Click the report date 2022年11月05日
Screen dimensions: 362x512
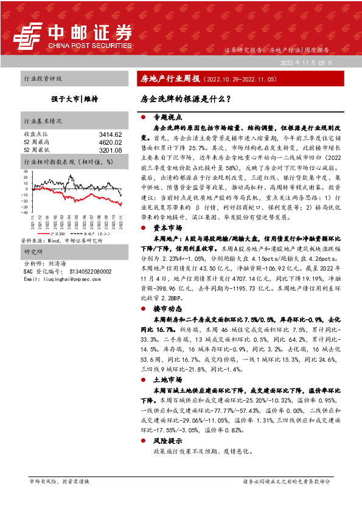click(x=307, y=63)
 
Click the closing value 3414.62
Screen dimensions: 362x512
click(x=111, y=134)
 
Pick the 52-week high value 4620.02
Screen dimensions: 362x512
click(x=111, y=142)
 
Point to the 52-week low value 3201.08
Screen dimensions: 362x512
click(x=111, y=150)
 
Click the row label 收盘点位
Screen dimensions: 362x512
click(x=34, y=134)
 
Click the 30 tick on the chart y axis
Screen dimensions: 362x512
click(x=26, y=171)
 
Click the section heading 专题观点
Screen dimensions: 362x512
click(x=167, y=116)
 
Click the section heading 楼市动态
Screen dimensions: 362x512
click(x=167, y=310)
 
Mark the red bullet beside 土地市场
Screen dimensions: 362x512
click(x=142, y=379)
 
